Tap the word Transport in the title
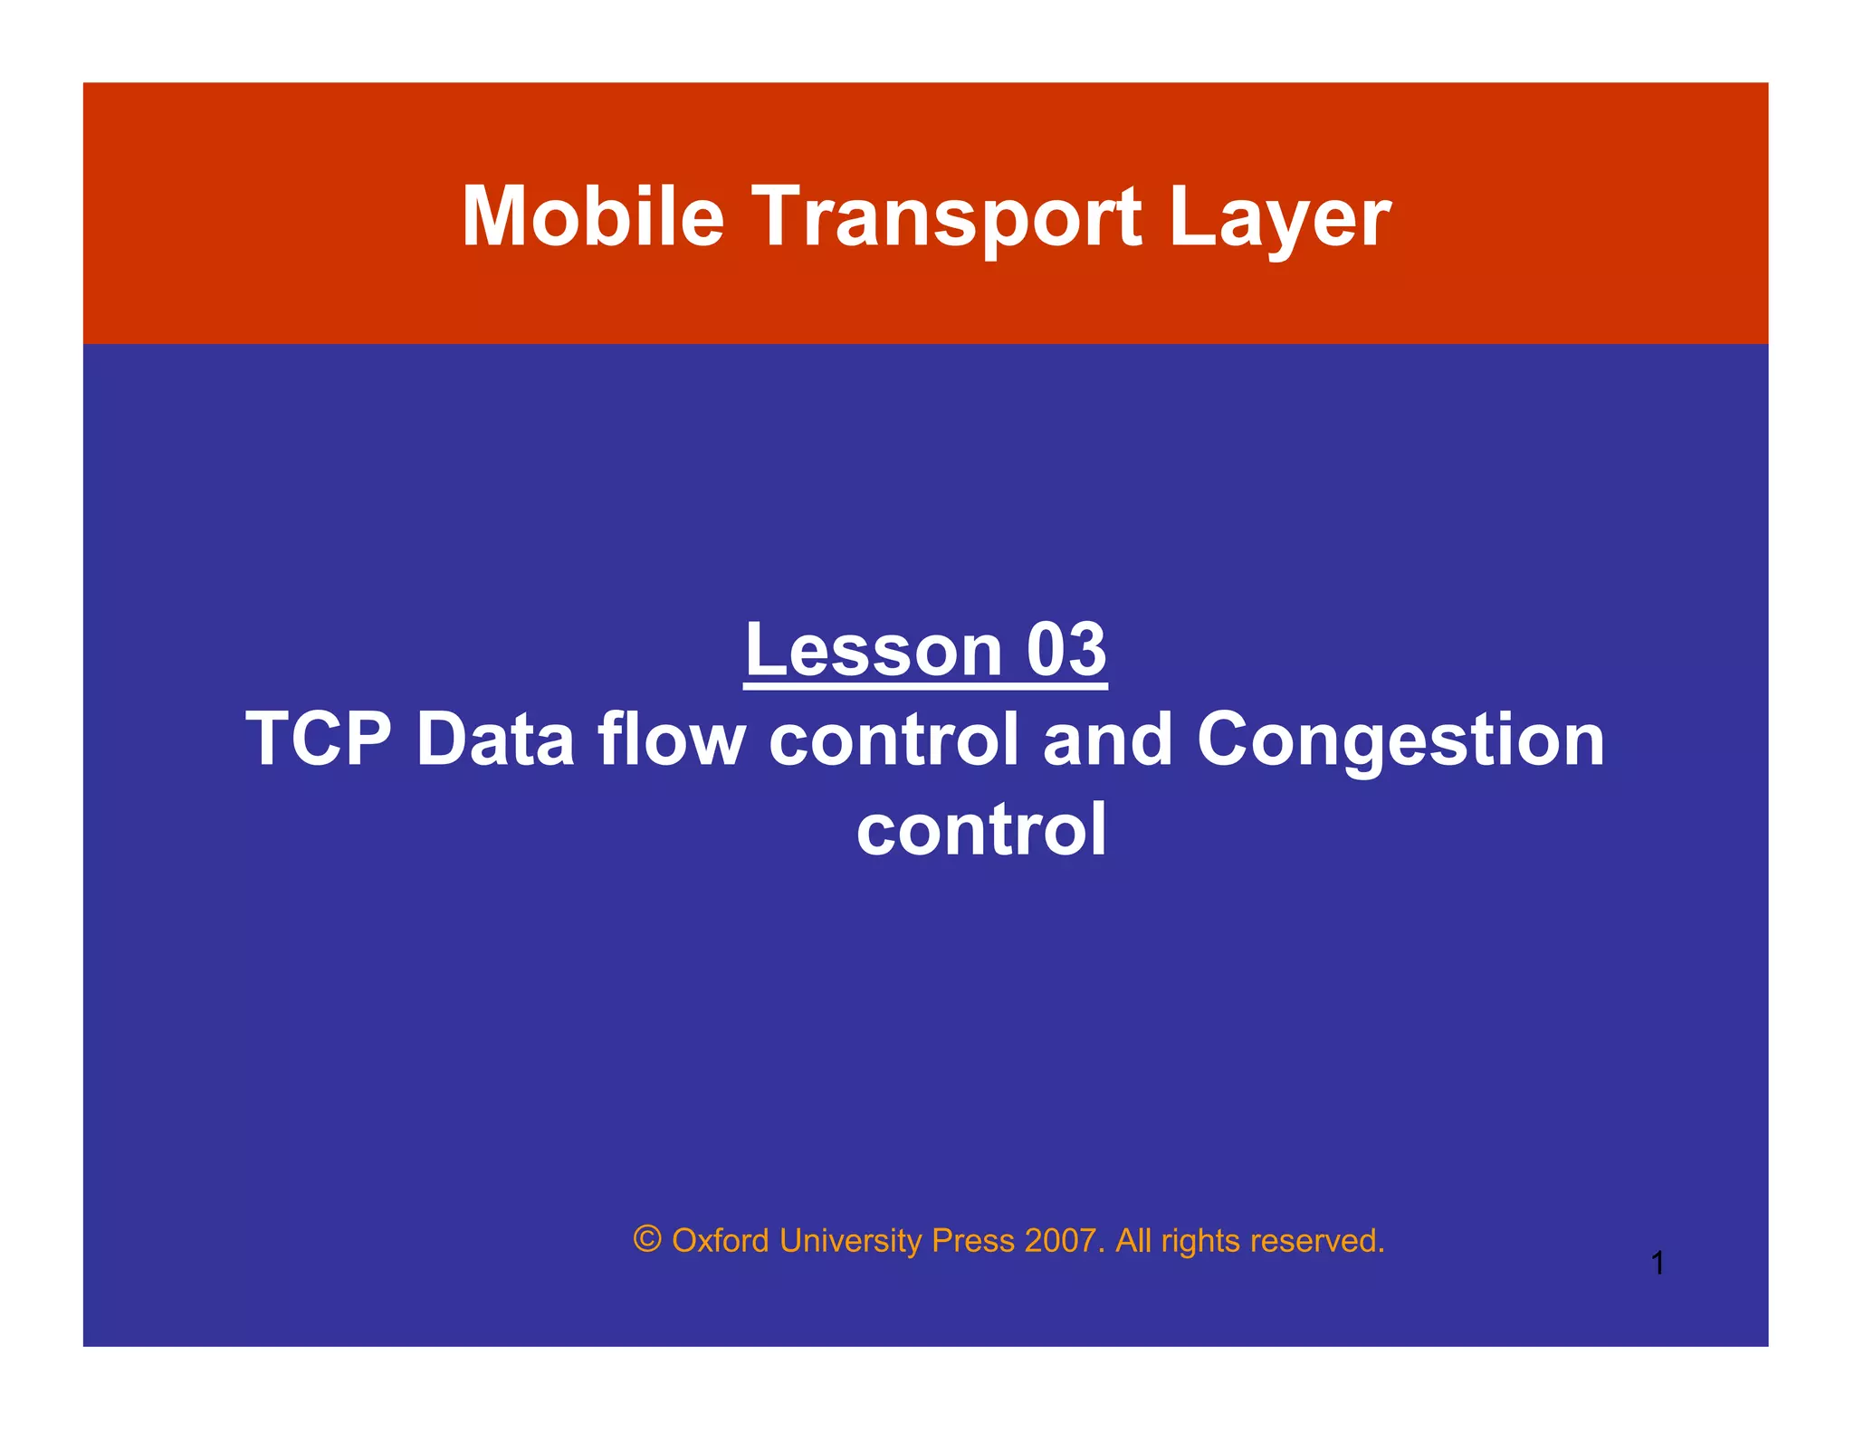(947, 217)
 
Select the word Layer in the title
(1279, 217)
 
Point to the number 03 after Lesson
(1066, 649)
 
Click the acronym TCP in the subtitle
(318, 739)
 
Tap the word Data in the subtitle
(494, 739)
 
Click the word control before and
(894, 739)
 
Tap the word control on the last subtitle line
(981, 828)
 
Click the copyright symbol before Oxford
(647, 1239)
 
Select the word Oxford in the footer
(721, 1240)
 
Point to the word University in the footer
(850, 1240)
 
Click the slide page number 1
(1657, 1263)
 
